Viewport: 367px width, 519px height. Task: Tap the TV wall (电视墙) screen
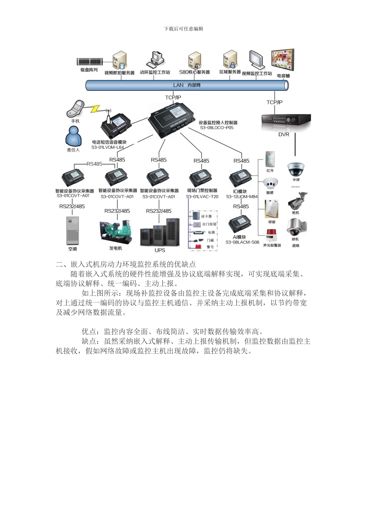[282, 60]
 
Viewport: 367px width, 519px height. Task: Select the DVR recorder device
[286, 120]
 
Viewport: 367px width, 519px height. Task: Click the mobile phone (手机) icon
[75, 109]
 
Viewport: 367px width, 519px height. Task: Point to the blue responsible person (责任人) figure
[73, 137]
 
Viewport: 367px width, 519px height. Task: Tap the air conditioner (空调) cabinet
[73, 231]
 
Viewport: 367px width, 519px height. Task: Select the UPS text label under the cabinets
[160, 250]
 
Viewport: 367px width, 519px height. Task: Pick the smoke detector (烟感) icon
[270, 183]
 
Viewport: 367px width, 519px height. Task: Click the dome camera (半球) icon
[296, 169]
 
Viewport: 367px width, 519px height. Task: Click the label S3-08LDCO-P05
[216, 128]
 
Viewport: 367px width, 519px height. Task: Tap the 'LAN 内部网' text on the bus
[187, 85]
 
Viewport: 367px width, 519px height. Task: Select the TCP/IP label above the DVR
[274, 102]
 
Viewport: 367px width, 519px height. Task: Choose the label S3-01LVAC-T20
[202, 197]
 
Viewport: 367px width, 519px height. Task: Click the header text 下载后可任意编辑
[183, 29]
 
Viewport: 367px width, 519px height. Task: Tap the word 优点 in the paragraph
[89, 332]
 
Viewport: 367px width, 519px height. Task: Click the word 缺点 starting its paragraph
[89, 341]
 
